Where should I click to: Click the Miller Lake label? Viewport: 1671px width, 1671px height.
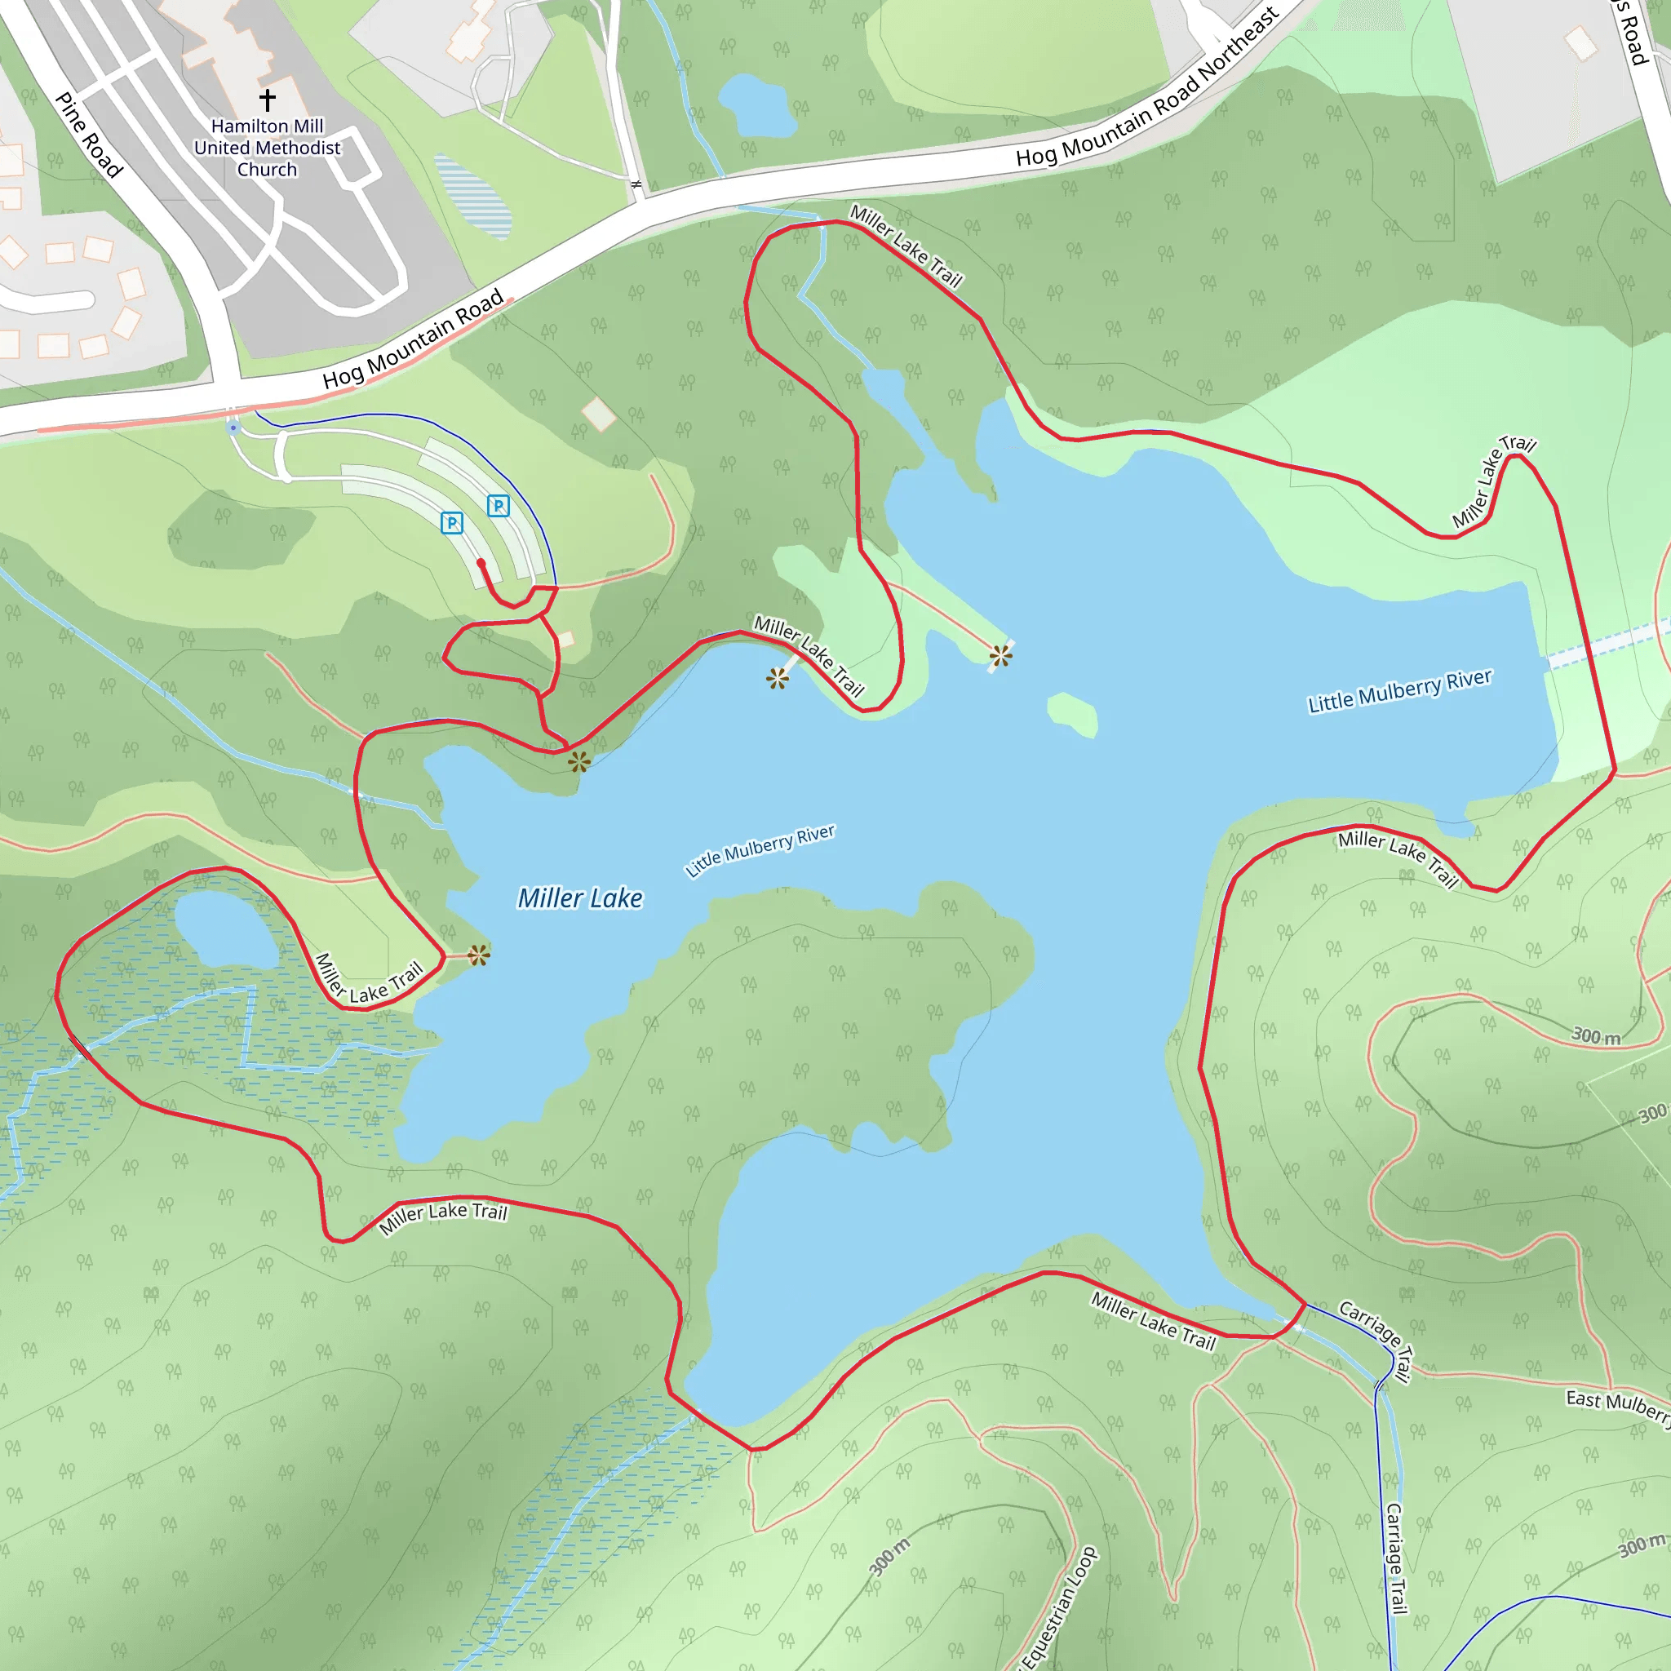[579, 898]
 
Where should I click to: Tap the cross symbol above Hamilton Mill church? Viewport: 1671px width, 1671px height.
[268, 100]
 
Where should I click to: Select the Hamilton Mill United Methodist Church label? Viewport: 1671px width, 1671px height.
[268, 148]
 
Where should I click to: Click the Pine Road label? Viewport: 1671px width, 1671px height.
[88, 135]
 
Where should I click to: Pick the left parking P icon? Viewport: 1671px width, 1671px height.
[451, 522]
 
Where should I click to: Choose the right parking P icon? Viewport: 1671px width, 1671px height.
[499, 506]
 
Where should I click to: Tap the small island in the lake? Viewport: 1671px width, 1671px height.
[1072, 715]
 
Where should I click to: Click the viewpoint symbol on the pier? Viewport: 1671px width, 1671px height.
[1000, 656]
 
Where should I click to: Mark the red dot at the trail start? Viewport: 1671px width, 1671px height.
[481, 563]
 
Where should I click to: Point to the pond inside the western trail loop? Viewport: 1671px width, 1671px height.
[227, 930]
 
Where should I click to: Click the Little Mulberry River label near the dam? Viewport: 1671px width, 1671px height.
[1399, 692]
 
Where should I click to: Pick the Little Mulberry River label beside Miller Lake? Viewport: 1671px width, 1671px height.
[760, 850]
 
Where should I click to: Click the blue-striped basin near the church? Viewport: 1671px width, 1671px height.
[473, 196]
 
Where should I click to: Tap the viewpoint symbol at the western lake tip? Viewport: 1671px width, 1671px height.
[478, 955]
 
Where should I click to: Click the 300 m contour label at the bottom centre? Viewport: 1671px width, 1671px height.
[890, 1557]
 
